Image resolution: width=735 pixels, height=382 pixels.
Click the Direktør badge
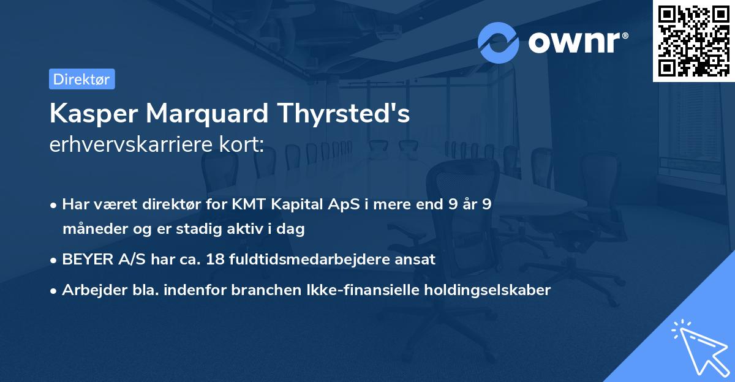click(81, 79)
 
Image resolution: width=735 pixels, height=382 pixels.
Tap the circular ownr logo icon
click(499, 42)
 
